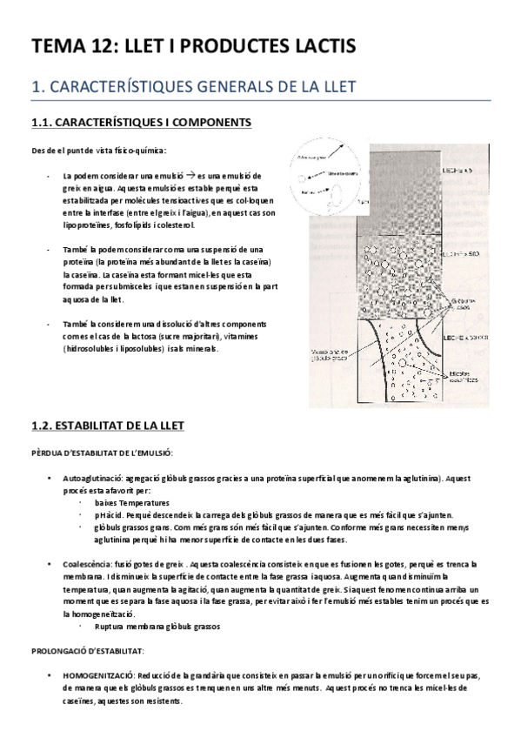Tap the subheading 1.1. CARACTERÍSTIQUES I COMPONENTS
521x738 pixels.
141,123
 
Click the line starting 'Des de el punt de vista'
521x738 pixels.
97,149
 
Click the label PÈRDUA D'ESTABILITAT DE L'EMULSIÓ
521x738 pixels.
102,452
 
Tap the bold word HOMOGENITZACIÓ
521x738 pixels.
98,675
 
